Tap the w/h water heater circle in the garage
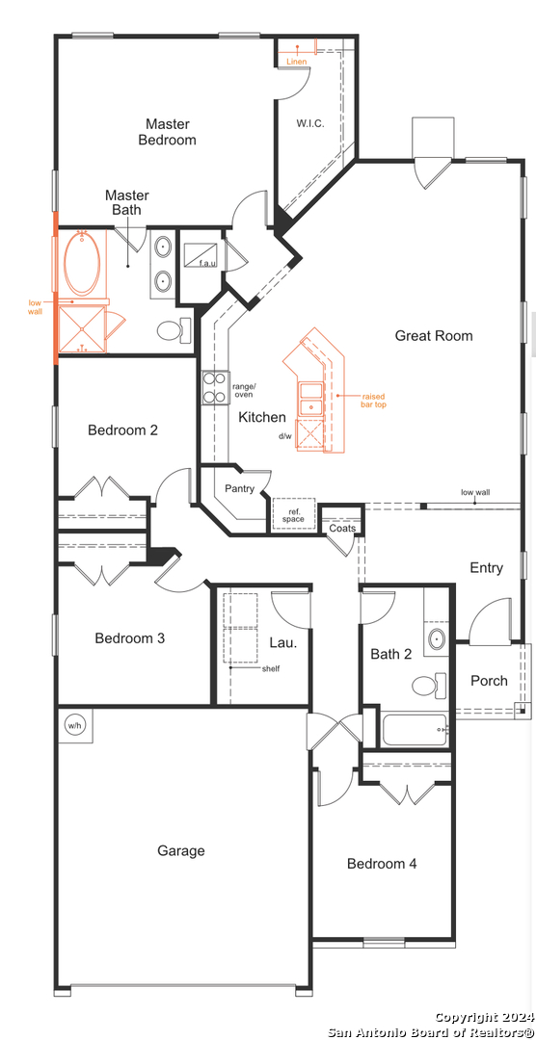pos(73,726)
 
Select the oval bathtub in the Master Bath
pos(82,263)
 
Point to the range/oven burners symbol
pos(216,388)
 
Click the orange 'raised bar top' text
pos(374,400)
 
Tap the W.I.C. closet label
pos(310,123)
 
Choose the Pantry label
pos(239,489)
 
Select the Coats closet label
pos(342,528)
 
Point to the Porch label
pos(489,681)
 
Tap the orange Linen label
pos(296,62)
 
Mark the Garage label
pos(180,850)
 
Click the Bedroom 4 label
pos(382,864)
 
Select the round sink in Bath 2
pos(437,639)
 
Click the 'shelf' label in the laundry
pos(270,668)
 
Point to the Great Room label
pos(434,336)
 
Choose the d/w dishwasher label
pos(285,436)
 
